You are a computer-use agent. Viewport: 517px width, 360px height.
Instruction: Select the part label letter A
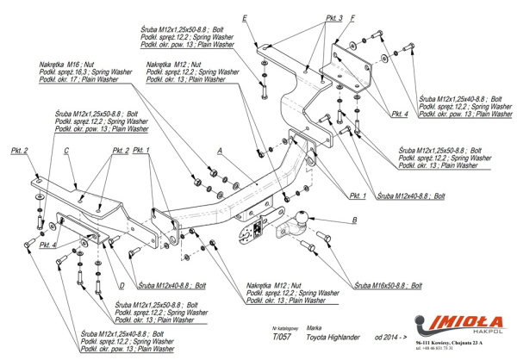point(221,152)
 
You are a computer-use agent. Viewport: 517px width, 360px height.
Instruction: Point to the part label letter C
point(66,151)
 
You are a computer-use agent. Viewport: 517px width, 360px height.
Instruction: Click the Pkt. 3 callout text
point(310,18)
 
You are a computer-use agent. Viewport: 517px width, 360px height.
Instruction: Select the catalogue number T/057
point(279,338)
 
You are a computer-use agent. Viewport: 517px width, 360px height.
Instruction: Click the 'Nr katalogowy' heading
point(283,328)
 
